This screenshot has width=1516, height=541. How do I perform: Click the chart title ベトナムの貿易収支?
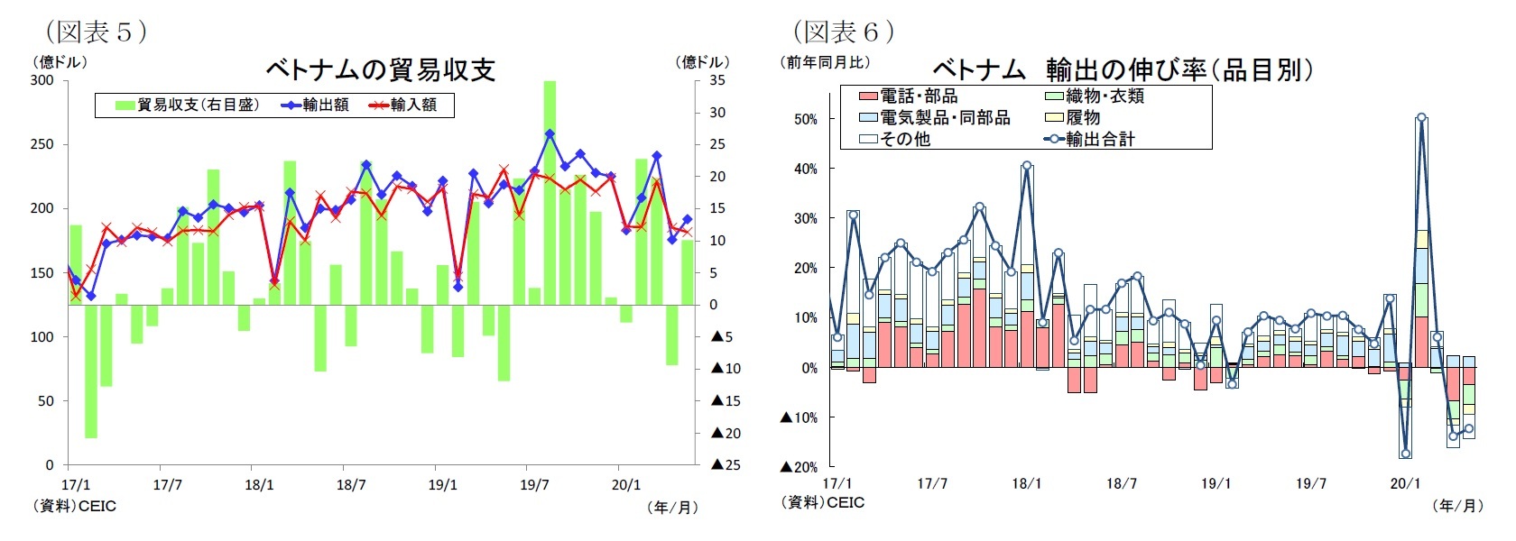point(380,70)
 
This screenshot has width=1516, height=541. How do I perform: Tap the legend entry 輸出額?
point(315,105)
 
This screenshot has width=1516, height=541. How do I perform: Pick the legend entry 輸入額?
point(403,105)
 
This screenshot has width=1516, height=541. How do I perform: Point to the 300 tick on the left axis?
point(42,80)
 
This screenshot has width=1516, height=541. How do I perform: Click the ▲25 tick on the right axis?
point(726,465)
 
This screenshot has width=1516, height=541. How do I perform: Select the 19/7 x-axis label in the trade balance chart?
point(534,485)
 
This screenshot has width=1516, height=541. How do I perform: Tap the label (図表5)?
point(96,32)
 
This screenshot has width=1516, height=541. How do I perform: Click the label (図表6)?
point(844,32)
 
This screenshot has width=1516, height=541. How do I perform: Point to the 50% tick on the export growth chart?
point(805,119)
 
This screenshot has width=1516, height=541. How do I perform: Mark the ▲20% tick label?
point(800,467)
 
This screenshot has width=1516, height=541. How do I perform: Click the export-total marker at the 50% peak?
point(1421,117)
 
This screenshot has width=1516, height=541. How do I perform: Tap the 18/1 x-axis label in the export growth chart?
point(1027,484)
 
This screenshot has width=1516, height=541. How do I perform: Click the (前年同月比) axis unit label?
point(825,62)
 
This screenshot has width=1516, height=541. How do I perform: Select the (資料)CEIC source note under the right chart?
point(823,503)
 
